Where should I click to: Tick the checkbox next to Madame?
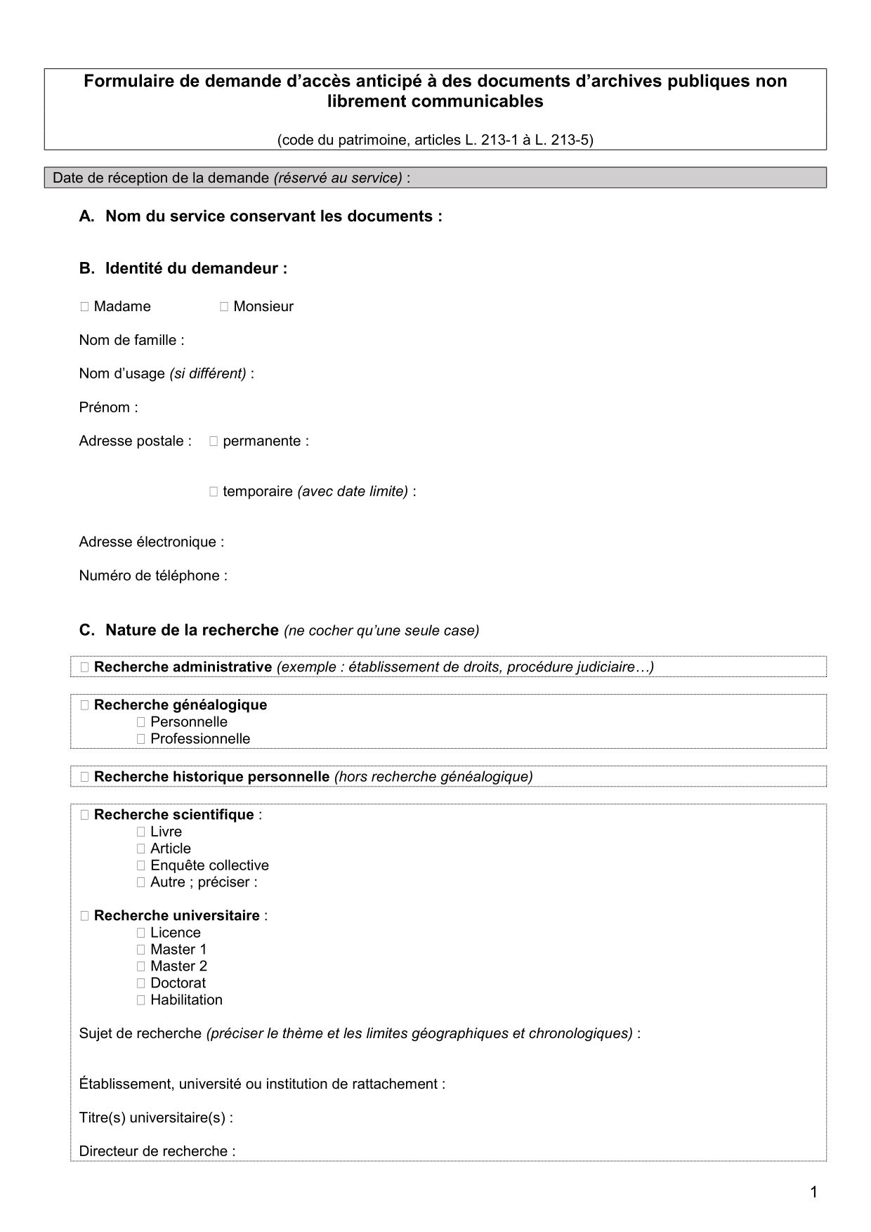coord(84,306)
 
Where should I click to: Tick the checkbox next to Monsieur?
coord(224,306)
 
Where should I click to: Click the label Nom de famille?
coord(131,340)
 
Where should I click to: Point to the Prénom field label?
coord(108,407)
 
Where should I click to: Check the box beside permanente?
coord(214,441)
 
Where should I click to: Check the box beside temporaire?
coord(214,492)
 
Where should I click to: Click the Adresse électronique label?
coord(151,542)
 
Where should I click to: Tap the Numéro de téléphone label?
coord(152,575)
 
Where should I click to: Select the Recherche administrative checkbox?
coord(84,667)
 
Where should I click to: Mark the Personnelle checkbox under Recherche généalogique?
coord(141,722)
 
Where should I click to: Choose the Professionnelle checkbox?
coord(141,739)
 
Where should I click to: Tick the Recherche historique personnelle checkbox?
coord(84,777)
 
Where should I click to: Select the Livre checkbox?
coord(141,832)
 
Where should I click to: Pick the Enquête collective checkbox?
coord(141,865)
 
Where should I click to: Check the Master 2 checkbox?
coord(141,966)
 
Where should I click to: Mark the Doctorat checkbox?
coord(141,983)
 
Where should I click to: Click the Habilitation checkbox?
coord(141,1000)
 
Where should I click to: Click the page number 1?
coord(813,1191)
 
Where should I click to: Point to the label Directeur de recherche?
coord(157,1151)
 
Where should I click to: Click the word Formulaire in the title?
coord(124,81)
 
